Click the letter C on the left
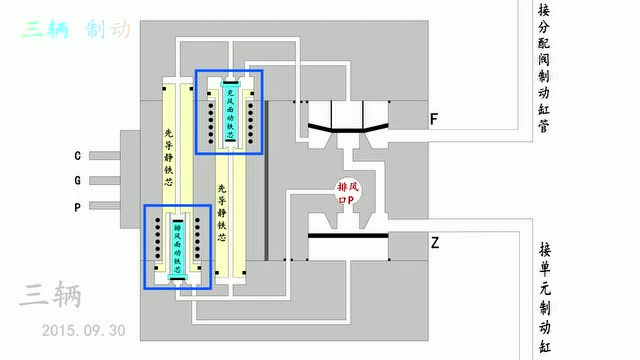tap(78, 156)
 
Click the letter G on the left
tap(78, 181)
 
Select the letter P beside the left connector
tap(78, 207)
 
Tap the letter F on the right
tap(434, 120)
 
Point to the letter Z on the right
tap(435, 243)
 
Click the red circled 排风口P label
tap(350, 192)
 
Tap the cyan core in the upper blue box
tap(229, 112)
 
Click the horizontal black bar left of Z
tap(348, 237)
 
